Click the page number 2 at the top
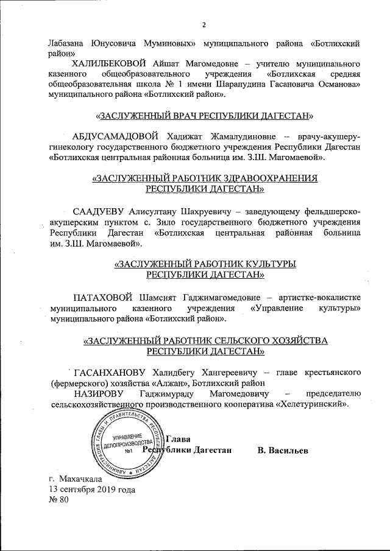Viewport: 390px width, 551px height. click(x=204, y=25)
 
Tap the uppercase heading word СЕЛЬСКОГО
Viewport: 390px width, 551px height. click(x=243, y=340)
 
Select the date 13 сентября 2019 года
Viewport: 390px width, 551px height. click(x=92, y=490)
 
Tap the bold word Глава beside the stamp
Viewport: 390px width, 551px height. click(x=179, y=439)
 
